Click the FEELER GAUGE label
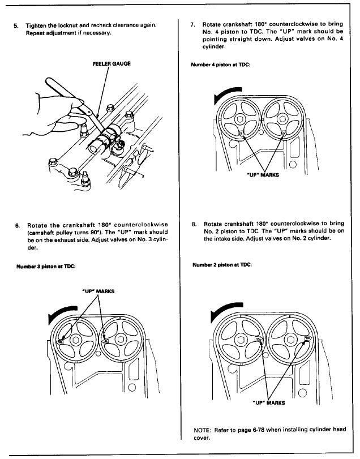pyautogui.click(x=112, y=63)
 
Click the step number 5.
pyautogui.click(x=16, y=25)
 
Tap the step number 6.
pyautogui.click(x=18, y=225)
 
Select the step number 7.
pyautogui.click(x=192, y=24)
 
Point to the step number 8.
pyautogui.click(x=194, y=224)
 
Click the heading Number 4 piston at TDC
pyautogui.click(x=220, y=65)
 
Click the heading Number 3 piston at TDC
pyautogui.click(x=46, y=267)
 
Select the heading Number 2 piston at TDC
pyautogui.click(x=222, y=265)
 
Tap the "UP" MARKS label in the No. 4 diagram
pyautogui.click(x=263, y=175)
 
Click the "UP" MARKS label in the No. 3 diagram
pyautogui.click(x=98, y=291)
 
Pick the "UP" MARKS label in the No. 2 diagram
pyautogui.click(x=269, y=403)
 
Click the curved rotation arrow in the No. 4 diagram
pyautogui.click(x=225, y=93)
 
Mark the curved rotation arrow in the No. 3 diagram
pyautogui.click(x=60, y=312)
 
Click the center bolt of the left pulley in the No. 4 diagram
pyautogui.click(x=239, y=119)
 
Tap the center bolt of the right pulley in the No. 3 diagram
pyautogui.click(x=120, y=340)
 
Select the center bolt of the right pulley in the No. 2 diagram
pyautogui.click(x=290, y=340)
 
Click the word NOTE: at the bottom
pyautogui.click(x=202, y=430)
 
